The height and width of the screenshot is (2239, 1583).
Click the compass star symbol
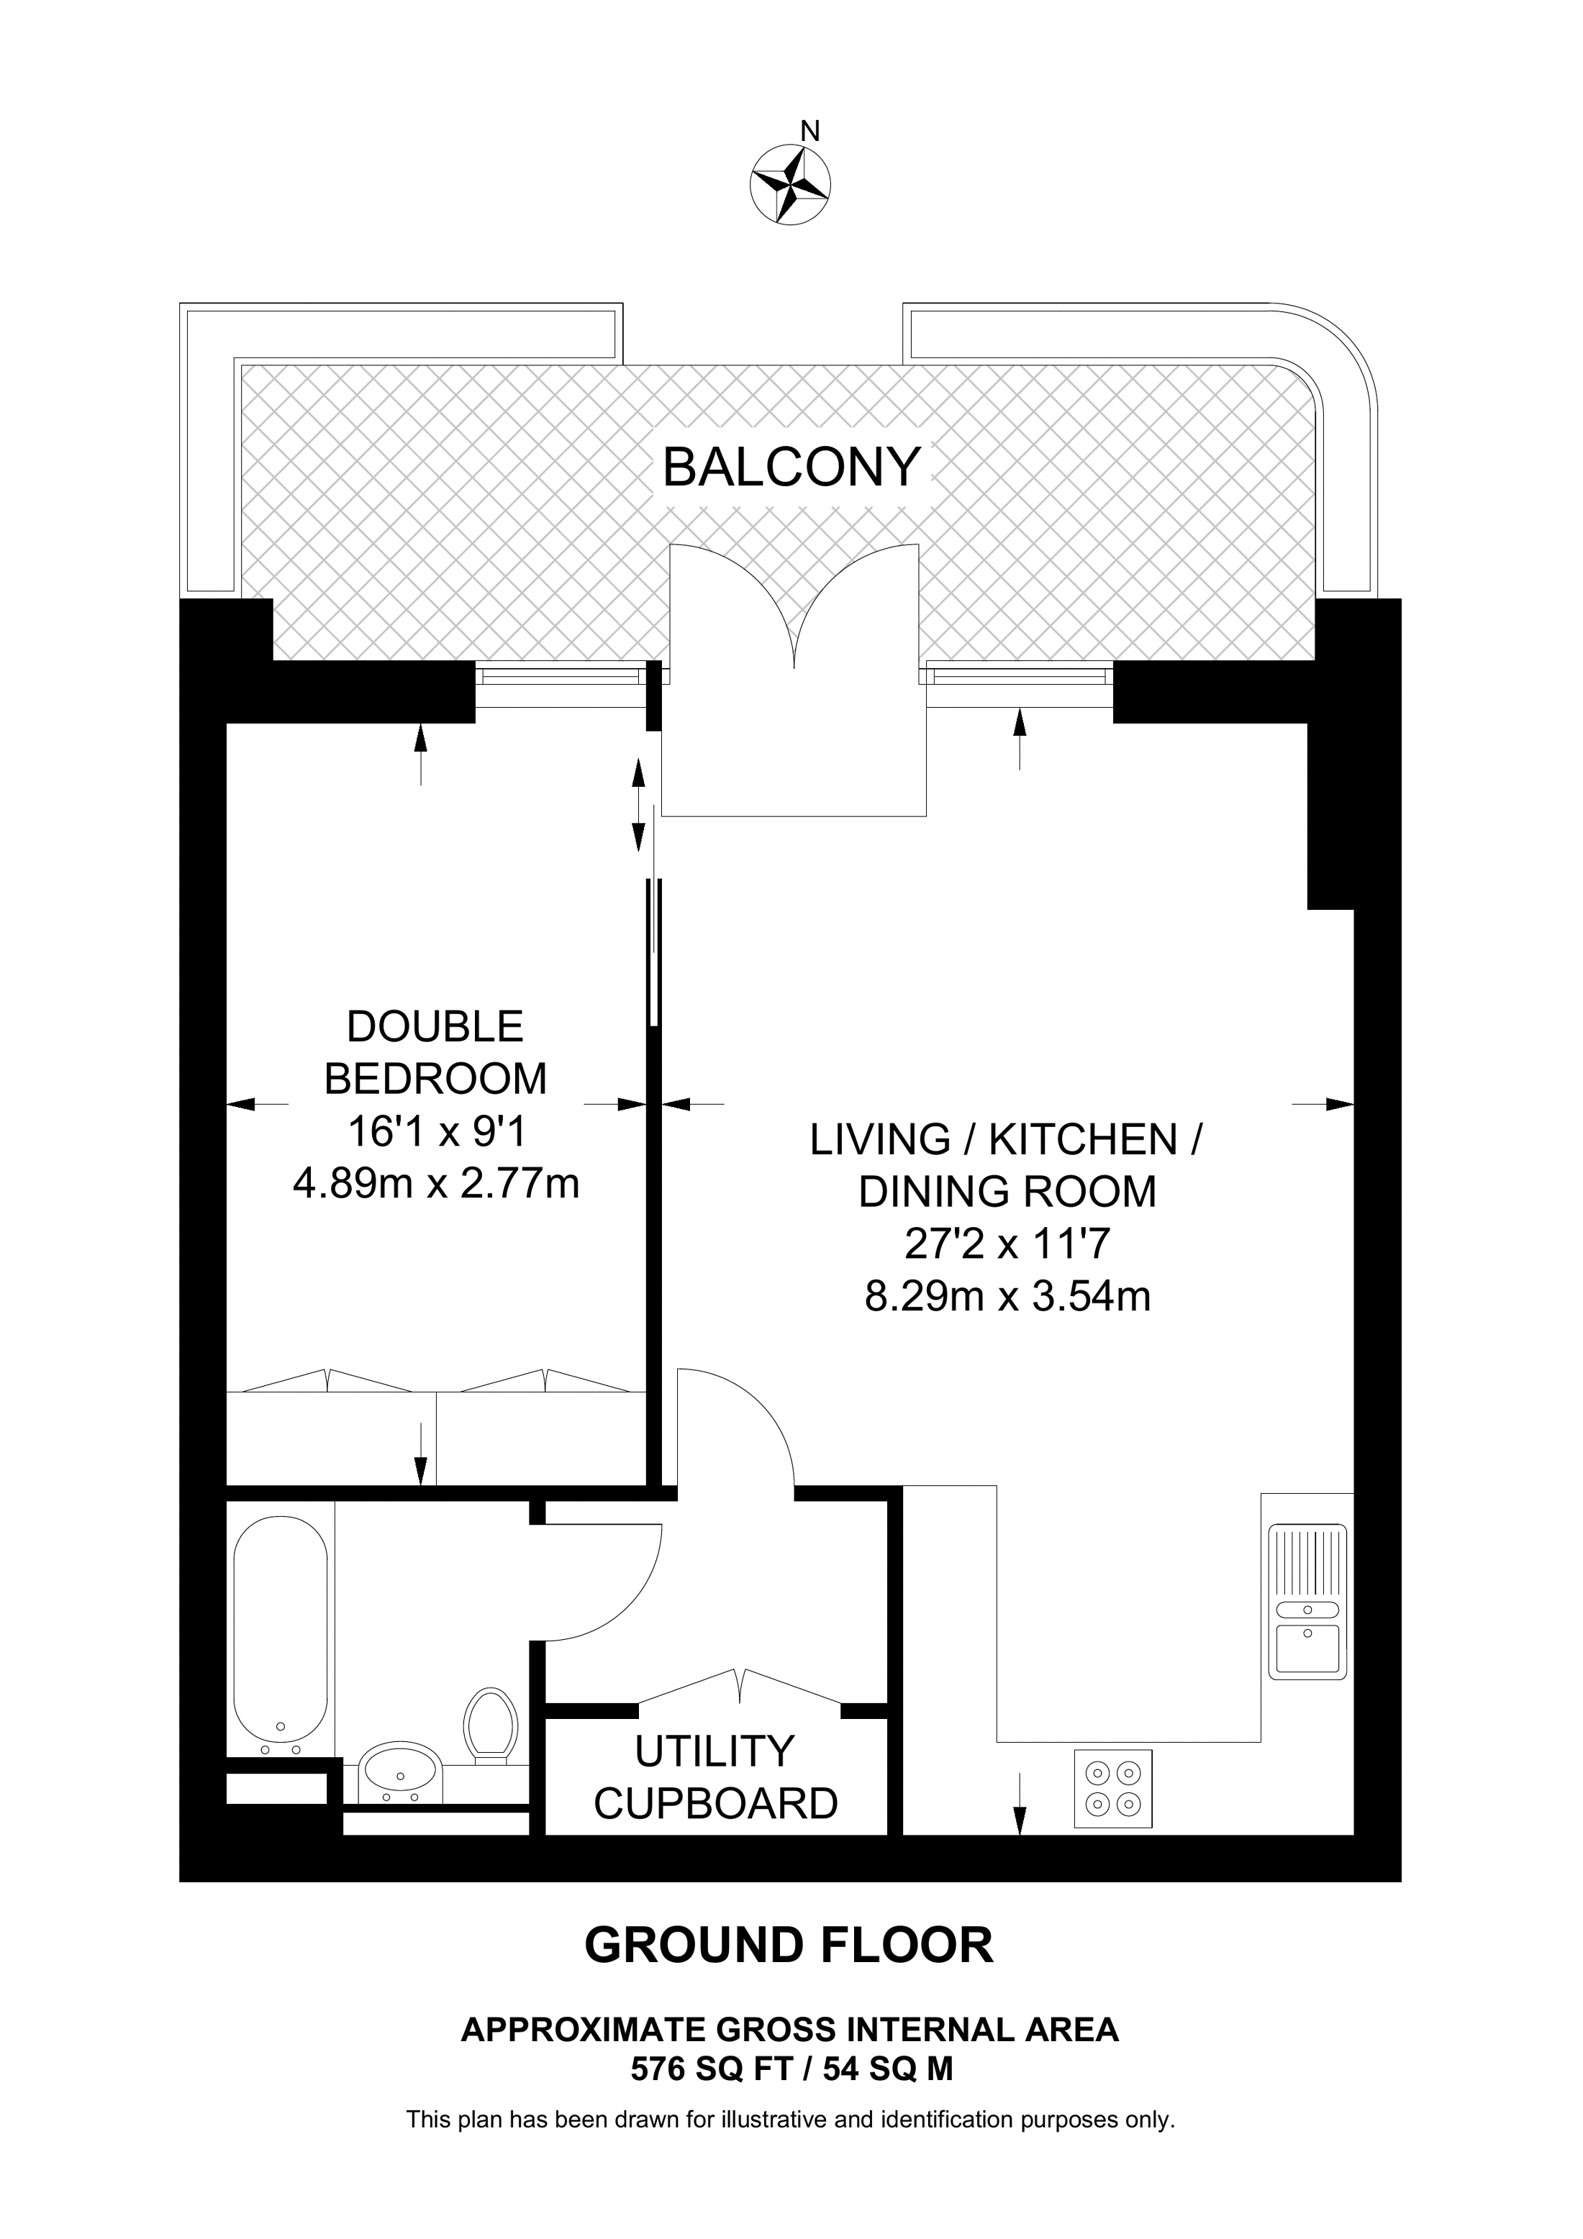pos(790,184)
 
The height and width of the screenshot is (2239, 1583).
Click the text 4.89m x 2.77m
pos(436,1184)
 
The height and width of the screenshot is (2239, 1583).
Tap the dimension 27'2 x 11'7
pos(1007,1244)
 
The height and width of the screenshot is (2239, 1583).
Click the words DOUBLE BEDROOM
pos(435,1053)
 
